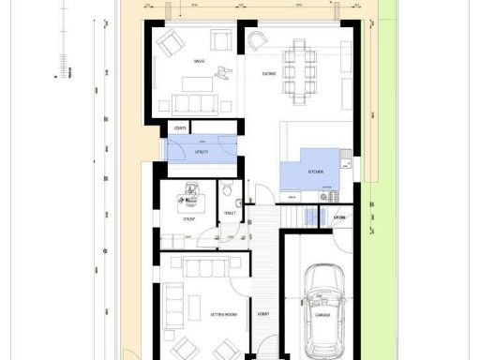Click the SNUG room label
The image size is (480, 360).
tap(198, 63)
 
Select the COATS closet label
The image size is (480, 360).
tap(179, 127)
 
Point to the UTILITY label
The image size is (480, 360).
tap(201, 150)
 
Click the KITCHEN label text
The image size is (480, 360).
tap(316, 172)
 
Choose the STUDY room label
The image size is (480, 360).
tap(187, 219)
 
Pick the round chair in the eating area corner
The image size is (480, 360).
tap(256, 41)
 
